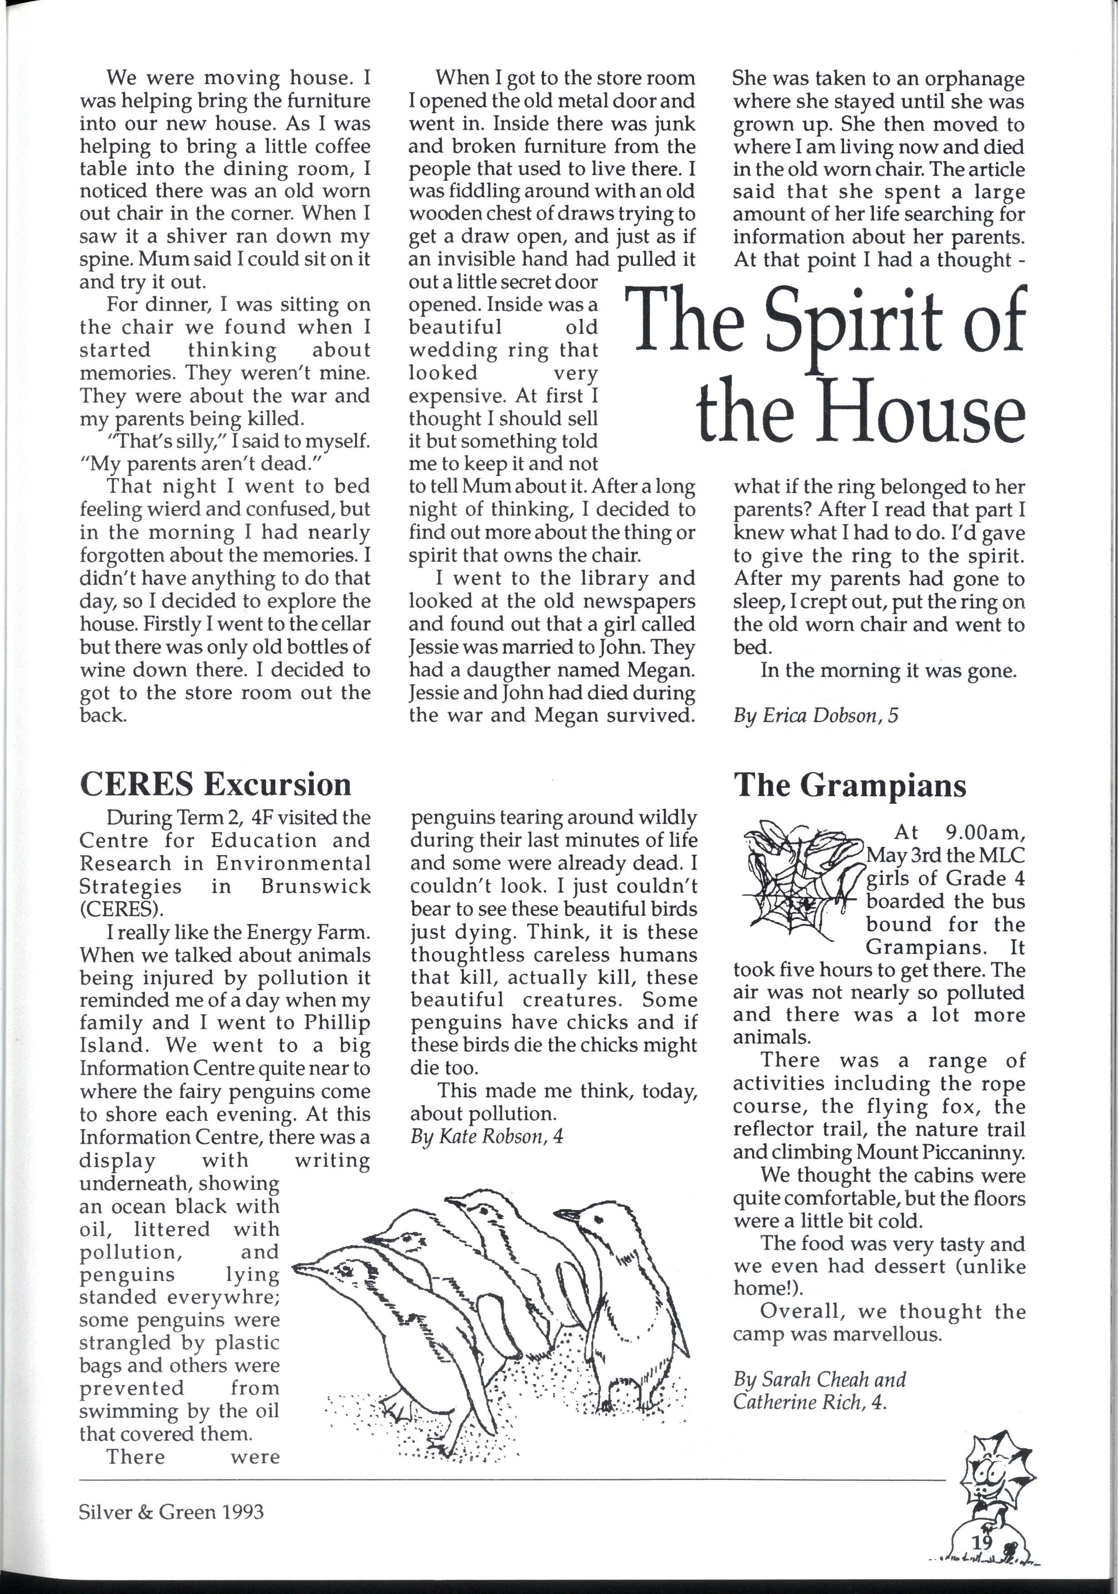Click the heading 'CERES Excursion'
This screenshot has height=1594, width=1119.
(215, 784)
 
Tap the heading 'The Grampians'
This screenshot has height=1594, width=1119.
(850, 785)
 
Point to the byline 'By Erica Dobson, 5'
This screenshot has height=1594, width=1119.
(815, 716)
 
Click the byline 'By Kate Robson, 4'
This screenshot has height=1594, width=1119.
(486, 1136)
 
